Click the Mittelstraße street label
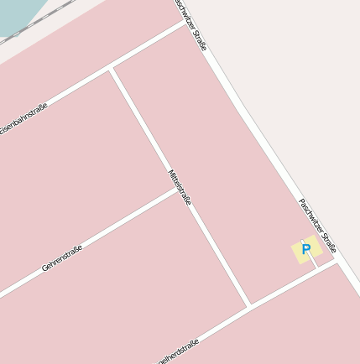pos(180,187)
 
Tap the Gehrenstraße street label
pos(62,258)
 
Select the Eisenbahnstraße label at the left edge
pos(23,118)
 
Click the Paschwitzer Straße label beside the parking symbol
pos(317,226)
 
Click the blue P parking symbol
pos(306,250)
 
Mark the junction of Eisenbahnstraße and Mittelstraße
pos(111,70)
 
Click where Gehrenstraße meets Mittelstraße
pos(178,190)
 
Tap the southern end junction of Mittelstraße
pos(249,306)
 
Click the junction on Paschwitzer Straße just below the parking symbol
pos(337,259)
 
